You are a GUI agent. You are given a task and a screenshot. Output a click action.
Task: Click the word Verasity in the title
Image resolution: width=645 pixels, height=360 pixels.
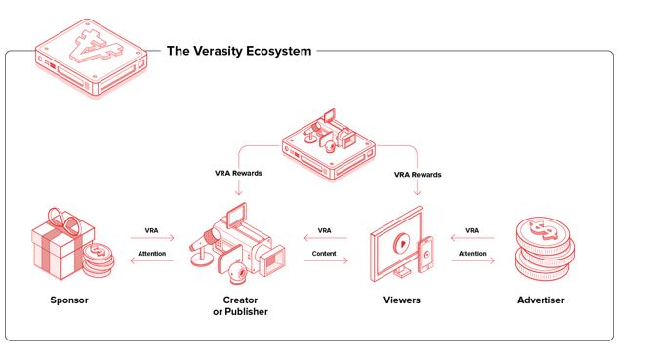point(222,51)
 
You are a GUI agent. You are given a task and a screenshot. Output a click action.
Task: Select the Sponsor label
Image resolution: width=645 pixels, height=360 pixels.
point(69,300)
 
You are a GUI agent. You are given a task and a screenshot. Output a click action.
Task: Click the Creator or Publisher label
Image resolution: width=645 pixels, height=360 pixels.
point(240,305)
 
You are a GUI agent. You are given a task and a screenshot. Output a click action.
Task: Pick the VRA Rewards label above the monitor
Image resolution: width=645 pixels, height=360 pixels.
point(418,175)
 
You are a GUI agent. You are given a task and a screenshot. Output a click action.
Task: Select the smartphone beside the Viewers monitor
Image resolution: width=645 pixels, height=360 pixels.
point(425,254)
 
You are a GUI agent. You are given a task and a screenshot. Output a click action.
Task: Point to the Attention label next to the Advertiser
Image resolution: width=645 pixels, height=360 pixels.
point(472,253)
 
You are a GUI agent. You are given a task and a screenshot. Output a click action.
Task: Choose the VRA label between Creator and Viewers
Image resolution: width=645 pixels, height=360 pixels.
point(324,231)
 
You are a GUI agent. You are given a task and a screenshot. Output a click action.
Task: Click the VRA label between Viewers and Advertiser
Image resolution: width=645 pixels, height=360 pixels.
point(472,231)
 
